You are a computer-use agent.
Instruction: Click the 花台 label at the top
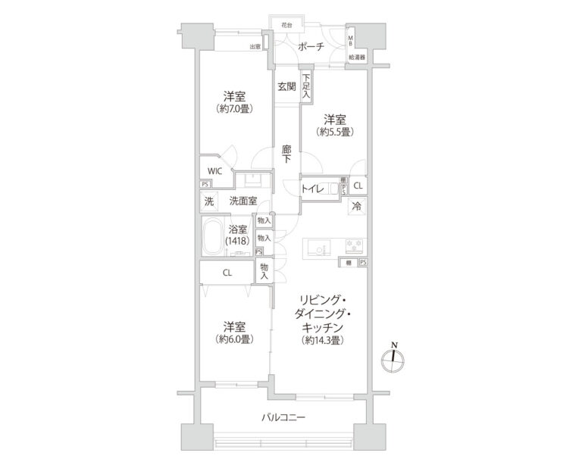(x=286, y=25)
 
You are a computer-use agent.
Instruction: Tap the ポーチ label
(x=311, y=47)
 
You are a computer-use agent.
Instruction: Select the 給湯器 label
(x=356, y=58)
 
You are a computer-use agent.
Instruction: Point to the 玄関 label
(x=286, y=86)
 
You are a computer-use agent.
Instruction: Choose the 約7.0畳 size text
(x=233, y=109)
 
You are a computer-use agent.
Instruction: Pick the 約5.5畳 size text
(x=335, y=132)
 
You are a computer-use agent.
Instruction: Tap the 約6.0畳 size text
(x=233, y=339)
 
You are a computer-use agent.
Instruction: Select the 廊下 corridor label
(x=286, y=154)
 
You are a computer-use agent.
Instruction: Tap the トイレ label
(x=314, y=189)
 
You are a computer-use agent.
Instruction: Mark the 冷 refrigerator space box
(x=356, y=206)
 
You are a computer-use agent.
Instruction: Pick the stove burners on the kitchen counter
(x=354, y=245)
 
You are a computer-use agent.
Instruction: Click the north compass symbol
(x=393, y=360)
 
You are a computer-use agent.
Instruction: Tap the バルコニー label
(x=283, y=417)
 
